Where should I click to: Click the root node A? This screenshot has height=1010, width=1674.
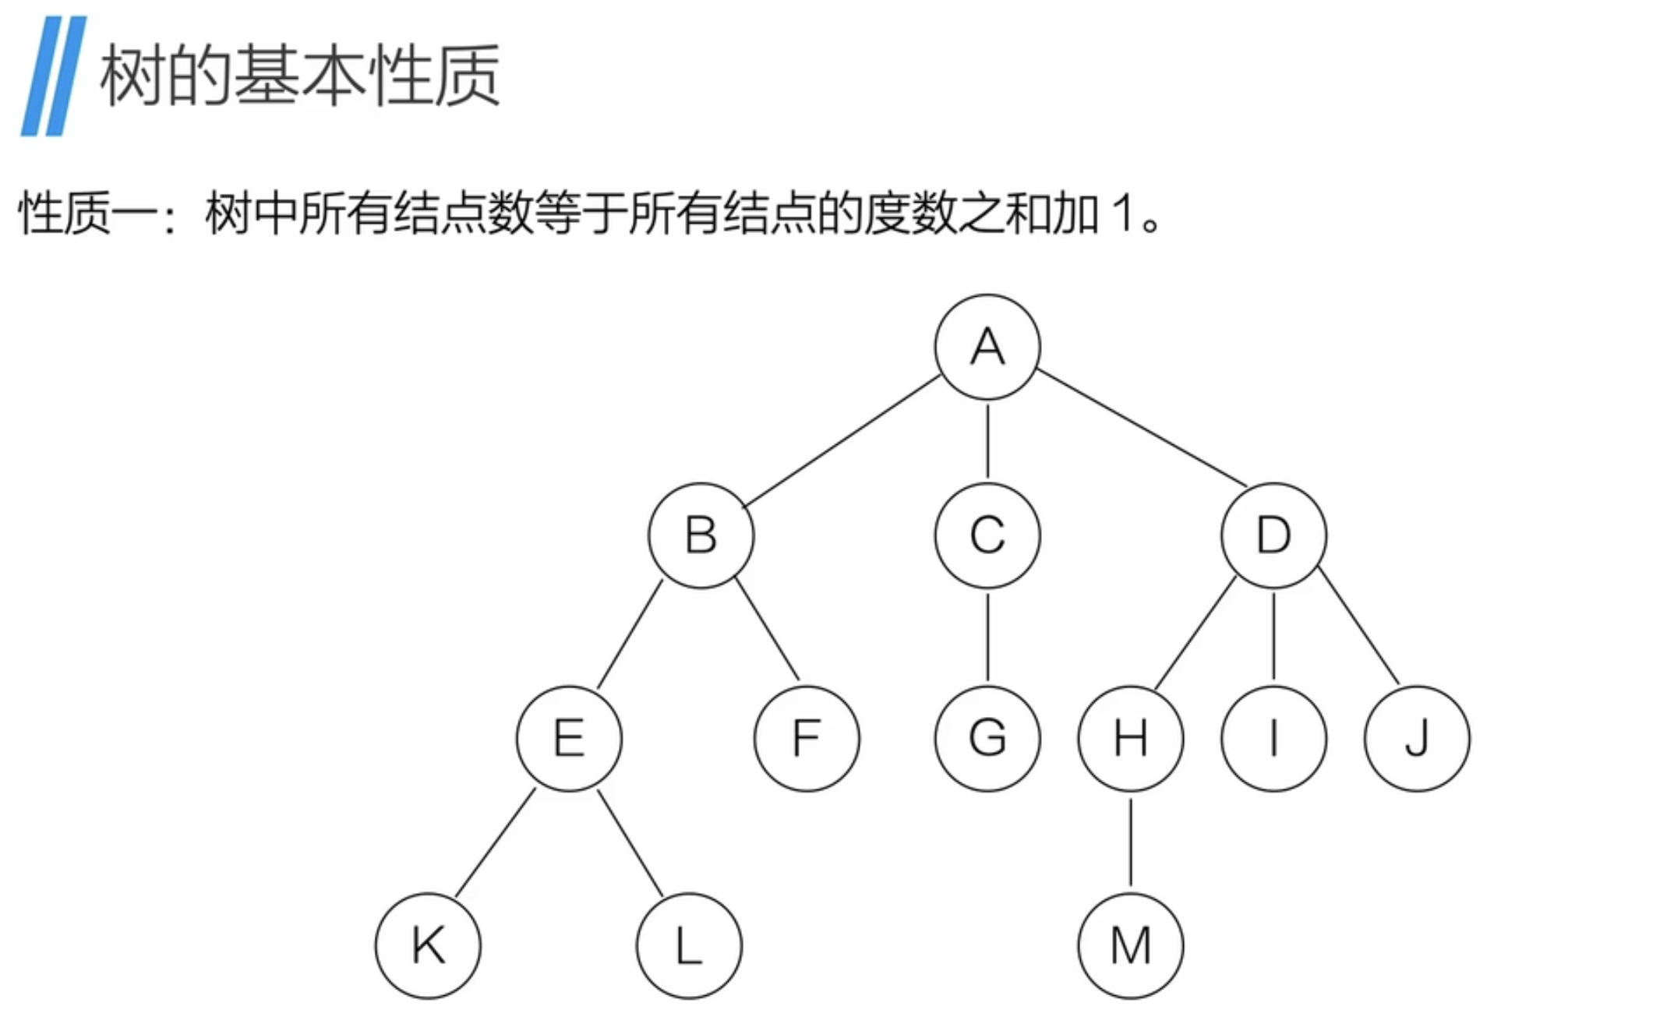987,347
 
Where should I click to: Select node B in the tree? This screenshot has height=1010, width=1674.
701,535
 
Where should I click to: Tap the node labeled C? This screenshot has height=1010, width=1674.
987,535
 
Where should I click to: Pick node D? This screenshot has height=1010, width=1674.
1273,535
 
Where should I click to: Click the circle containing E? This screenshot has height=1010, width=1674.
569,738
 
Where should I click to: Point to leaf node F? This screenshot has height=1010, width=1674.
807,738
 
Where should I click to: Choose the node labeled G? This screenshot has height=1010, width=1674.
987,738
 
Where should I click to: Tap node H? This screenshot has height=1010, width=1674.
1130,738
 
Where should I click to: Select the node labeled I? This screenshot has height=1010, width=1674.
1273,738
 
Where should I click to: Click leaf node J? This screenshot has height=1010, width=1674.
1417,738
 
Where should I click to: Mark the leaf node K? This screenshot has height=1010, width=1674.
428,945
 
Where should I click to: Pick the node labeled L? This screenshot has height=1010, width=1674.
689,945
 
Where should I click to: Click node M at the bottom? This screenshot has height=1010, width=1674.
1130,945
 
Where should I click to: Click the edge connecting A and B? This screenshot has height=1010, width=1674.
842,441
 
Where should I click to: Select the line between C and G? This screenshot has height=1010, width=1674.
987,637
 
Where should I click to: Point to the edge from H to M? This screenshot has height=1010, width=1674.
1130,842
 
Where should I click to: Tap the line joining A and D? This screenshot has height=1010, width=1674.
1142,429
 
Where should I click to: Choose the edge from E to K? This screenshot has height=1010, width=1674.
495,843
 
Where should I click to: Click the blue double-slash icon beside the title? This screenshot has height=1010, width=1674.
53,76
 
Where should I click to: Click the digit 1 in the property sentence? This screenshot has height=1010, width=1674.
1123,214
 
